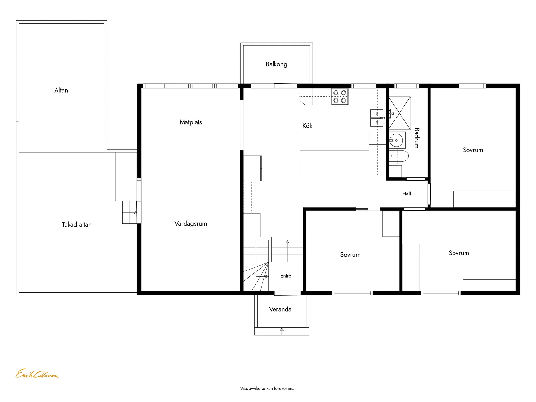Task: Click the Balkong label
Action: [x=276, y=64]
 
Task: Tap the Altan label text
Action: [x=61, y=90]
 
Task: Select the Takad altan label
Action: [x=77, y=225]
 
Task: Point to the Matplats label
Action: [x=191, y=122]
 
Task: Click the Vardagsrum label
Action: [x=191, y=224]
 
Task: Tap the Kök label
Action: [x=307, y=126]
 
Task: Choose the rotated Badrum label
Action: [x=416, y=138]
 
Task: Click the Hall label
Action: [x=407, y=194]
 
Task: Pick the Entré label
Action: [x=286, y=276]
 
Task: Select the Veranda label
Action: [x=280, y=309]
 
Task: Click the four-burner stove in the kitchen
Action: [x=340, y=97]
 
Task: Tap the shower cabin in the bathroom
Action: [x=400, y=113]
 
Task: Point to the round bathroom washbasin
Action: [x=396, y=140]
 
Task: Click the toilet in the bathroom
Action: [x=399, y=156]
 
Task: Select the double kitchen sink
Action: [x=376, y=118]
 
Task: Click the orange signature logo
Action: [x=37, y=373]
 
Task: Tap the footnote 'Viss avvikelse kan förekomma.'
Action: [x=268, y=389]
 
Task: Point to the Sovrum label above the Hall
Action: [x=473, y=150]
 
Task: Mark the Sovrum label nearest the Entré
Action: [x=350, y=255]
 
